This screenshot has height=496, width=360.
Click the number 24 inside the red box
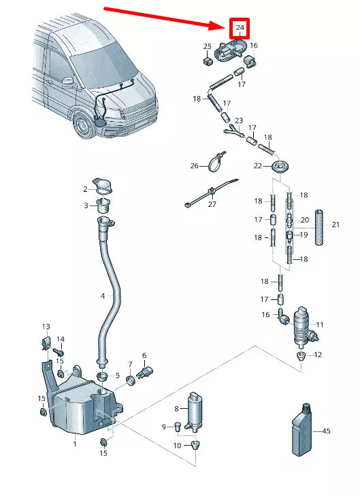pos(240,29)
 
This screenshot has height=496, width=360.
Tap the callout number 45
pos(326,431)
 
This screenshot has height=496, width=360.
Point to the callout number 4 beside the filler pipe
pos(103,296)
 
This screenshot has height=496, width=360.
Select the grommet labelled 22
pos(278,167)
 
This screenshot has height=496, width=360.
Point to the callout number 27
pos(212,203)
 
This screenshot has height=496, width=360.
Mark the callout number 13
pos(46,327)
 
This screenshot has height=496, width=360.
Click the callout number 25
pos(208,46)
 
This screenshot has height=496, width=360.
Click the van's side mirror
pos(68,80)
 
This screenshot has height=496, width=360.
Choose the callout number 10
pos(177,445)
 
